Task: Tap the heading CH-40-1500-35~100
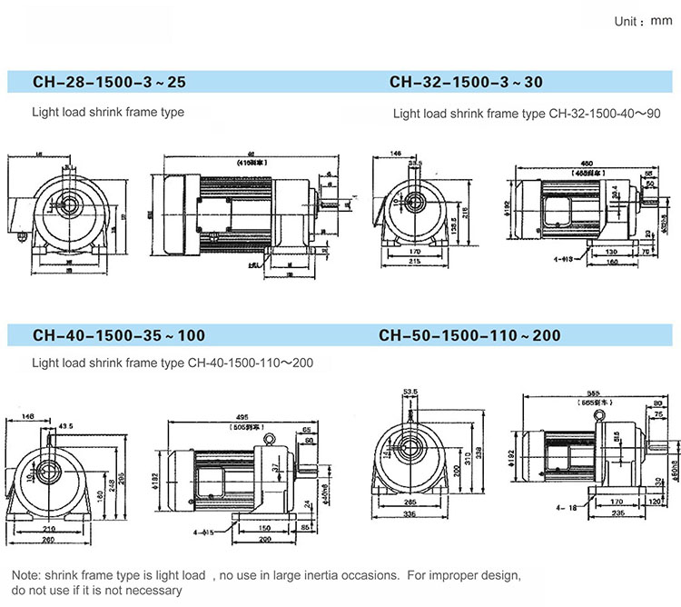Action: pos(119,335)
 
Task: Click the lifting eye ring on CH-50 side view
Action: pos(601,414)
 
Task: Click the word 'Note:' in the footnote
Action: pos(27,575)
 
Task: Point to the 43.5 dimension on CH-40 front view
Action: pos(65,427)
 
